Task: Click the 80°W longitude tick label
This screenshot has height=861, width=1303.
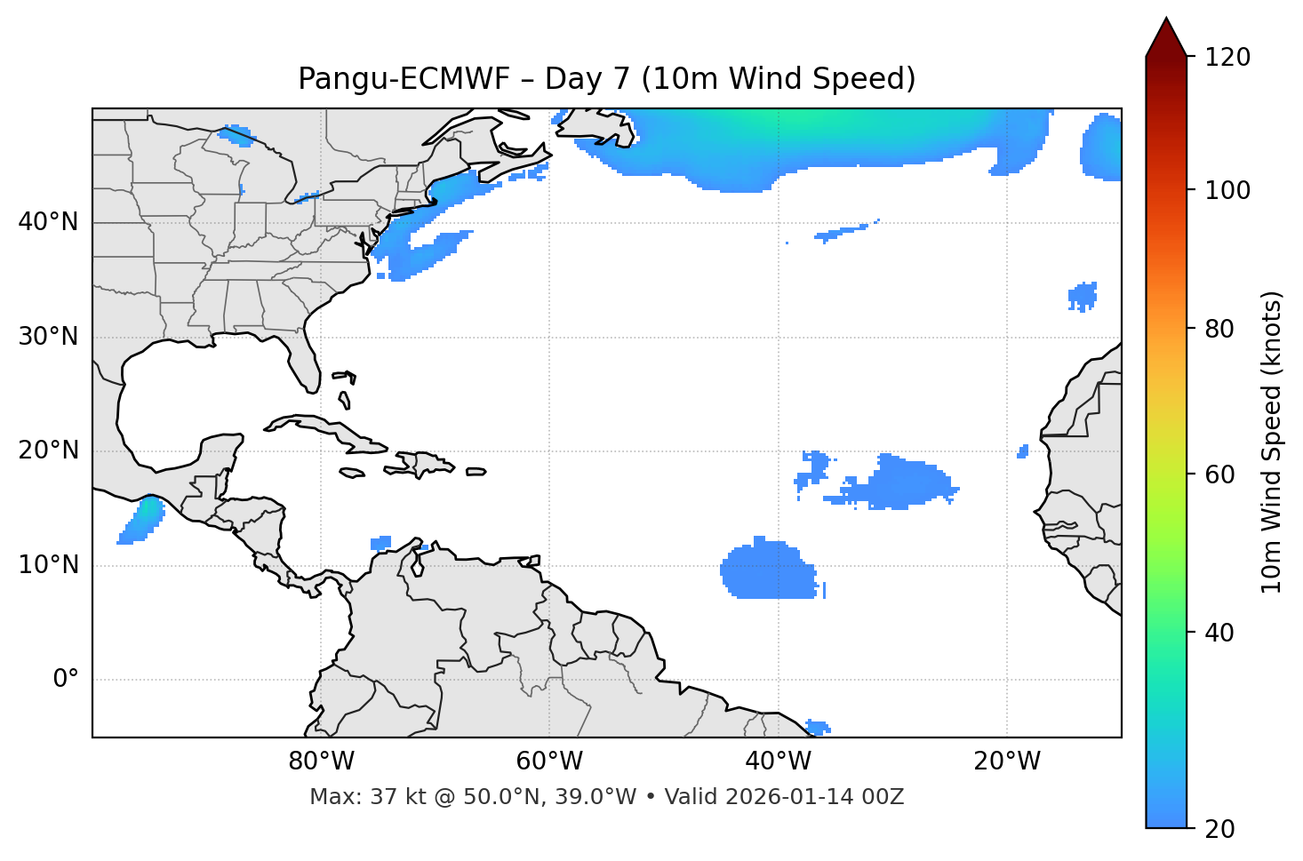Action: (321, 761)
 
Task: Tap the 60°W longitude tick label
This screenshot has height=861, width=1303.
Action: (549, 761)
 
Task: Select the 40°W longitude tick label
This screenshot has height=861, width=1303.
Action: (778, 761)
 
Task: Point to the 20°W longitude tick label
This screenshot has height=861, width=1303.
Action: (1006, 761)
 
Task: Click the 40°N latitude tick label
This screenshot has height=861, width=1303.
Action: (48, 222)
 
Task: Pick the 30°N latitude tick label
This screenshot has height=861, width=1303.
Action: (48, 337)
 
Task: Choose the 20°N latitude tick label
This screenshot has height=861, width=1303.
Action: (48, 450)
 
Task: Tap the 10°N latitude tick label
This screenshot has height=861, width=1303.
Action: (48, 565)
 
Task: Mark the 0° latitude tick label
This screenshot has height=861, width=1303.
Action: (66, 680)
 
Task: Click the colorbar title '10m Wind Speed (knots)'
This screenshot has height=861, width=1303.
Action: (1272, 442)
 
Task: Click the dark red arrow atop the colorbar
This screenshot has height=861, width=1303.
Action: (1166, 37)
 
